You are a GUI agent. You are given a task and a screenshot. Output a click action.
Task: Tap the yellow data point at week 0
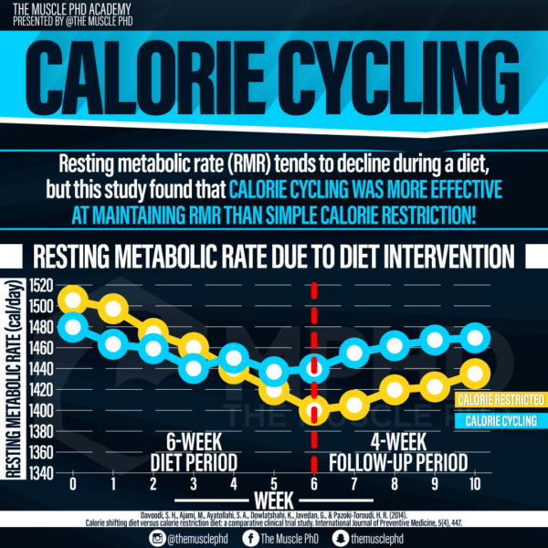click(x=73, y=299)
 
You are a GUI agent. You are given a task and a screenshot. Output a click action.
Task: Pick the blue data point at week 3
click(x=194, y=368)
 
